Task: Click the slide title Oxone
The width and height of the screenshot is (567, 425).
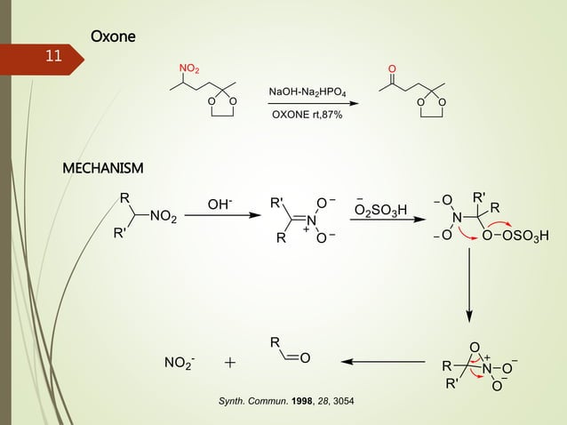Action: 113,36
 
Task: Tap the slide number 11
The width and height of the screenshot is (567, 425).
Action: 53,56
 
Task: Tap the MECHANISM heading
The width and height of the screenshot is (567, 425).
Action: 102,168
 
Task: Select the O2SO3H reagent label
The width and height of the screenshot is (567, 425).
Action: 381,210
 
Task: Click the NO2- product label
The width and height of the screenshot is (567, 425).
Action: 180,363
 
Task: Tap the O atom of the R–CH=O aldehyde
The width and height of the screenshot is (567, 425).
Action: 305,358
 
